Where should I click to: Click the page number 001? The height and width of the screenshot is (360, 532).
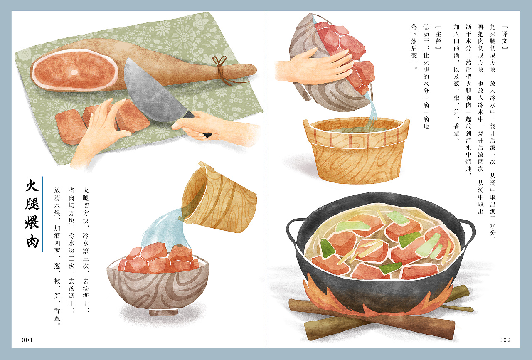[27, 340]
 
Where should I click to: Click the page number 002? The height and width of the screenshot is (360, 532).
[505, 340]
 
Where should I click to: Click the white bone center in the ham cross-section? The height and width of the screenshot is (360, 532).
[74, 72]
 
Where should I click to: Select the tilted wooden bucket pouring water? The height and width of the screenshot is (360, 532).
[218, 200]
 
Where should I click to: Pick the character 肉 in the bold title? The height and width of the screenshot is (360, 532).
[32, 241]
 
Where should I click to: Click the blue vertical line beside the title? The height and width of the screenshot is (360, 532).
[42, 214]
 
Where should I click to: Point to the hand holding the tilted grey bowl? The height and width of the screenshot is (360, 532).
[316, 67]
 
